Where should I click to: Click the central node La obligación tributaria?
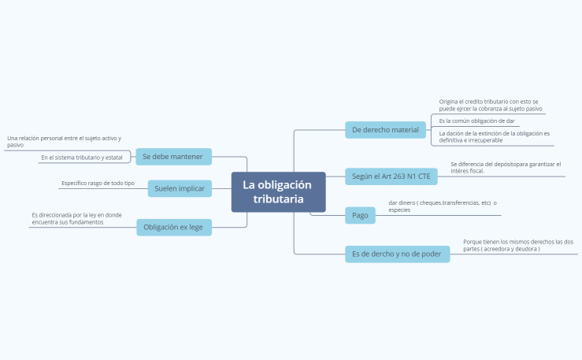pos(278,192)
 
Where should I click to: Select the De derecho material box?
pos(385,130)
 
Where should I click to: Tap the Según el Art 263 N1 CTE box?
pos(391,176)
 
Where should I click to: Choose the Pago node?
pos(360,215)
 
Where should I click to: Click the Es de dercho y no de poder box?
pos(396,254)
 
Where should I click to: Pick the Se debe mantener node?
pos(172,157)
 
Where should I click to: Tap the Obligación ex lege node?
pos(173,228)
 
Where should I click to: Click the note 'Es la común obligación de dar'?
pos(476,121)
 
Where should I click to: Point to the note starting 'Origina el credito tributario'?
pos(488,105)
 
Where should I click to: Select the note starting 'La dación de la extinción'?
pos(494,137)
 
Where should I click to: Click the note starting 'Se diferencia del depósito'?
pos(505,167)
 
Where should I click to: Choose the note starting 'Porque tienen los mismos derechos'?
pos(517,245)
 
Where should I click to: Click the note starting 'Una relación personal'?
pos(64,141)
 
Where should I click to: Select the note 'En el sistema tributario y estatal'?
pos(82,158)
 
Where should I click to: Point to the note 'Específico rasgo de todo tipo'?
pos(98,184)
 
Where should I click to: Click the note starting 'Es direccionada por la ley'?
pos(76,218)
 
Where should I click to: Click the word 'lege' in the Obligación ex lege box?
pos(193,228)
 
